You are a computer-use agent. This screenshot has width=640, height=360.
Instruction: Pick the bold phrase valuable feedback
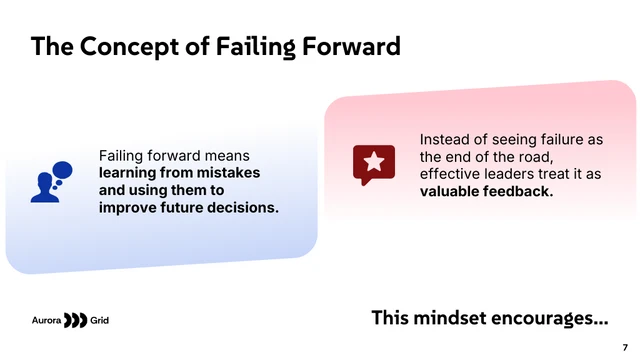(486, 191)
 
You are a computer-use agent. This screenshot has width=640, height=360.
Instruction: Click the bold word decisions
(243, 207)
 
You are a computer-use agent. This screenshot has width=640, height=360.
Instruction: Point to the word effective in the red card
(452, 174)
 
